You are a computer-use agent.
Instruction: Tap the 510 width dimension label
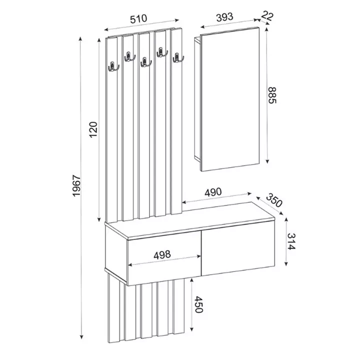(x=138, y=18)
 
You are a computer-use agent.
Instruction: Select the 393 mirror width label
(x=224, y=17)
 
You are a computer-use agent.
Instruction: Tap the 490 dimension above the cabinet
(x=213, y=192)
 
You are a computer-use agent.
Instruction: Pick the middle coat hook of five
(x=145, y=61)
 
